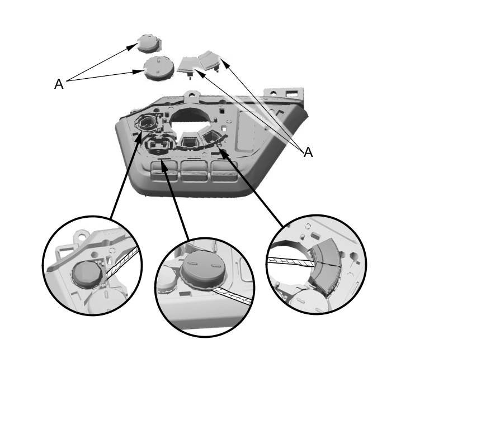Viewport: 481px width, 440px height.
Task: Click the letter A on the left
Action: tap(59, 84)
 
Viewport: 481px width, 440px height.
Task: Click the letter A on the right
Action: tap(308, 152)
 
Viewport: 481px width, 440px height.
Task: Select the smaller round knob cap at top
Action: tap(149, 43)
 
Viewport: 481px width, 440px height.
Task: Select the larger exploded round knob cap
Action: tap(159, 68)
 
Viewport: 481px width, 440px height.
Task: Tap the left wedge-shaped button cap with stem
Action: tap(188, 65)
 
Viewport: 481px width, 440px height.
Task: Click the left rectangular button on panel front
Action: tap(164, 171)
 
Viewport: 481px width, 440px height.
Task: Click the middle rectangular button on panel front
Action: tap(195, 171)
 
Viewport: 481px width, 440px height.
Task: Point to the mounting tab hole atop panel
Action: tap(191, 94)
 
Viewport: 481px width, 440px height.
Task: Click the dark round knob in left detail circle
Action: tap(87, 274)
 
